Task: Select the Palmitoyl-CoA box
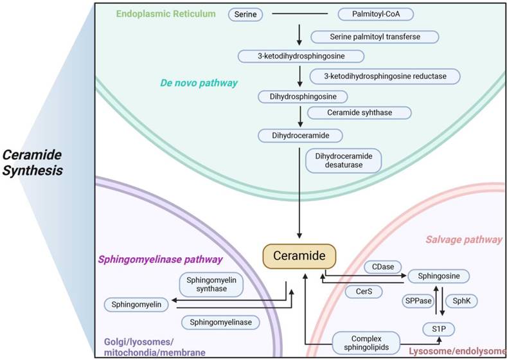(x=369, y=13)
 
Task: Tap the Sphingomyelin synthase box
(x=211, y=285)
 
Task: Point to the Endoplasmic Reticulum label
(x=166, y=13)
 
